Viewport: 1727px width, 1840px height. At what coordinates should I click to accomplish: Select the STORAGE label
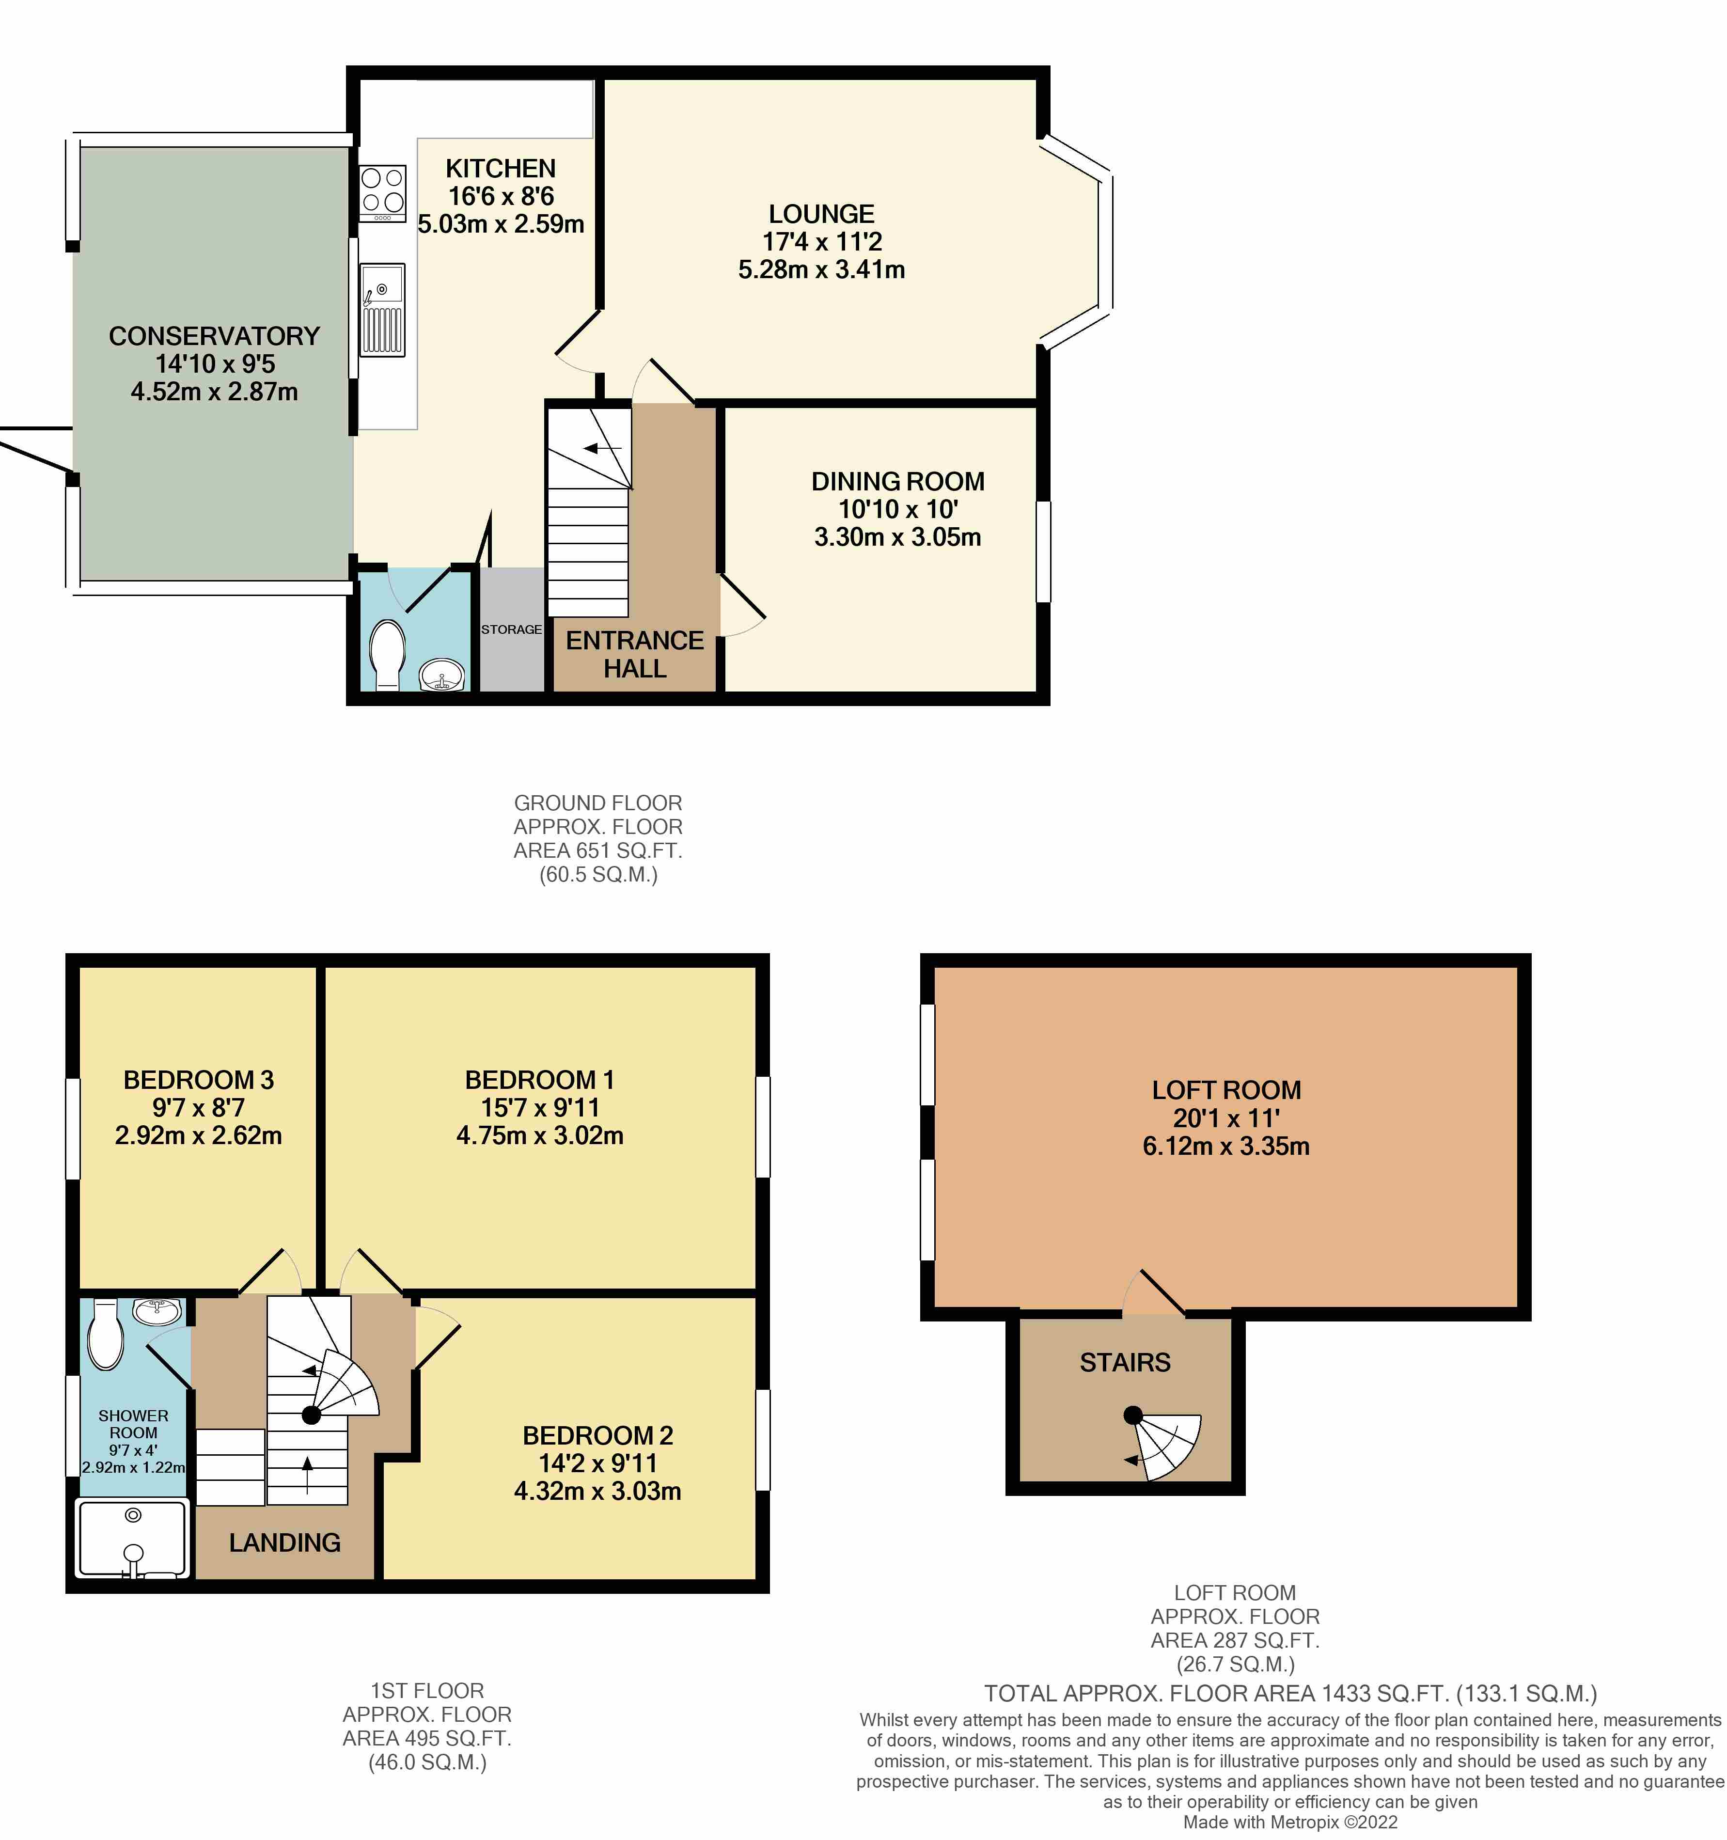pos(511,629)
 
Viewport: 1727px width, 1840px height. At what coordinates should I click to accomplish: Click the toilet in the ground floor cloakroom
pos(387,653)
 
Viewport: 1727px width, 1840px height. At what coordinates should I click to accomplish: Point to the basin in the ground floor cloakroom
pos(442,676)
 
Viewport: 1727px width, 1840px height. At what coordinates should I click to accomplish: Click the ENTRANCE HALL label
pos(635,654)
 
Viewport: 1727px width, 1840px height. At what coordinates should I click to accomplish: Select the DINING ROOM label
pos(898,481)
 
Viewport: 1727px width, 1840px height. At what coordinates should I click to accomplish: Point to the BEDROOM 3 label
pos(198,1080)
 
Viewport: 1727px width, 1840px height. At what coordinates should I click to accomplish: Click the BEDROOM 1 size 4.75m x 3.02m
pos(540,1136)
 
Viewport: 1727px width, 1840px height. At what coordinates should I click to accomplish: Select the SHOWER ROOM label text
pos(133,1424)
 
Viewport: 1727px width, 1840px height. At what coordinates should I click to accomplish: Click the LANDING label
pos(285,1543)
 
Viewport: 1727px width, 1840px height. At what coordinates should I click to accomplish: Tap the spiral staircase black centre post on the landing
pos(311,1414)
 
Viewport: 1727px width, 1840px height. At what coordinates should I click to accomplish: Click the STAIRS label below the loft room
pos(1125,1362)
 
